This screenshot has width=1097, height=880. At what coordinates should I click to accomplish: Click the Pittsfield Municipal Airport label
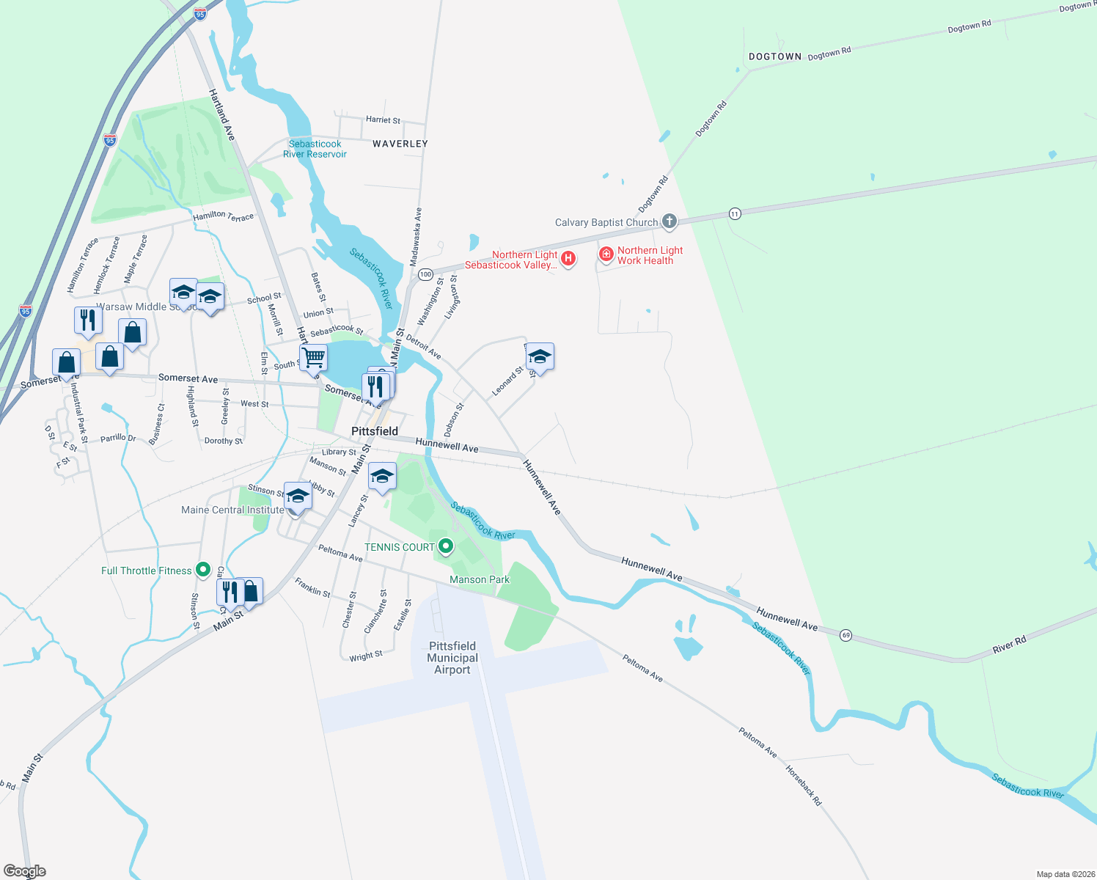point(452,658)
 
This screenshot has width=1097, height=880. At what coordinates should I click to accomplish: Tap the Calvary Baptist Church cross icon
point(669,221)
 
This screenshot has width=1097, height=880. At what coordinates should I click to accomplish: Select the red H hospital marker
point(568,258)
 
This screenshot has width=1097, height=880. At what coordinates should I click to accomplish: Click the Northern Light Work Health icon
point(606,254)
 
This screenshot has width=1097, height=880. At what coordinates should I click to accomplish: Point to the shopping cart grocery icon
point(313,358)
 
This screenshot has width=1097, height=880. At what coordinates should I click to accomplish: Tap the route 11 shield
point(735,213)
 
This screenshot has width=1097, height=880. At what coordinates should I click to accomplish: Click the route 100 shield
point(425,274)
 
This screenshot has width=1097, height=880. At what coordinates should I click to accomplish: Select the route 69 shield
point(845,635)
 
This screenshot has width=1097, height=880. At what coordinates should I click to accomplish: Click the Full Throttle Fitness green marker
point(203,570)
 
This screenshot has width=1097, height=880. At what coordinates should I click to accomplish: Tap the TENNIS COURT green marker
point(445,546)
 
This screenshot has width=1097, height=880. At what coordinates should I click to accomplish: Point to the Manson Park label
point(479,579)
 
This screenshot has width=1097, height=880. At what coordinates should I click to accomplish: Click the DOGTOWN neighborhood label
point(775,56)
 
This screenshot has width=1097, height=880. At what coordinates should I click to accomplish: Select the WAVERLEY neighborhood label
point(400,144)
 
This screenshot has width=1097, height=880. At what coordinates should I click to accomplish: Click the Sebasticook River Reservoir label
point(315,149)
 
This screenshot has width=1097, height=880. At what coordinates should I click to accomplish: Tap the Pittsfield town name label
point(375,431)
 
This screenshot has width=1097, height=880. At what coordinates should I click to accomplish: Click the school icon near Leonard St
point(540,357)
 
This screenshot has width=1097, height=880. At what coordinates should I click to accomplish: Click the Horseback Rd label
point(804,786)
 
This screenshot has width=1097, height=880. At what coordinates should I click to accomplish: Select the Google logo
point(24,871)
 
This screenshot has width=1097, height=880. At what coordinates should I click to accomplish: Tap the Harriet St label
point(383,120)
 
